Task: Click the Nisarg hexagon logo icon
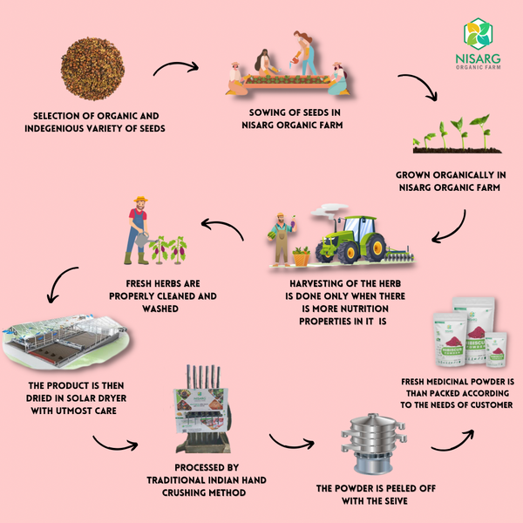point(478,34)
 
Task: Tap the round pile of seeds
point(92,69)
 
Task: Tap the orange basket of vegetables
point(302,258)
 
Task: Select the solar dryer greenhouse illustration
point(65,341)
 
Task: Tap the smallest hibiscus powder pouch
point(496,350)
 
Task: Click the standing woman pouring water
point(304,53)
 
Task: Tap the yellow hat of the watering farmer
point(140,199)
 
